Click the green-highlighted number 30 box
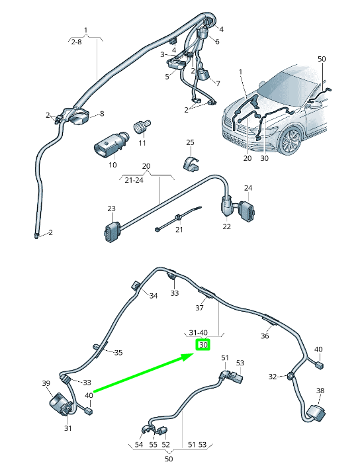point(203,345)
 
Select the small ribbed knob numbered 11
point(142,125)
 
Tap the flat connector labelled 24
point(246,210)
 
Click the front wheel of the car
point(291,142)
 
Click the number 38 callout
point(320,391)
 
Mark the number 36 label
point(265,336)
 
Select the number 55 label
point(153,445)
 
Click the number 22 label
point(226,226)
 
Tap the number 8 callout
point(101,114)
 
